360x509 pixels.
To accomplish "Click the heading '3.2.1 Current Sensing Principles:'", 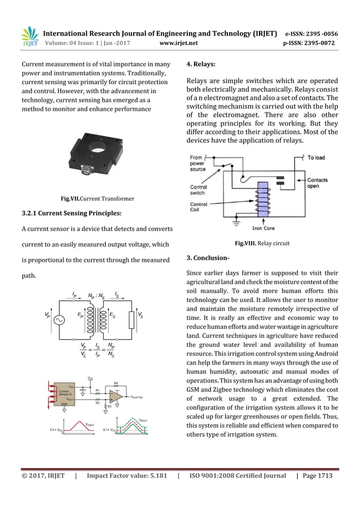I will [x=71, y=213].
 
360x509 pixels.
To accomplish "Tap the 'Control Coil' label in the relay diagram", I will [x=199, y=208].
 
